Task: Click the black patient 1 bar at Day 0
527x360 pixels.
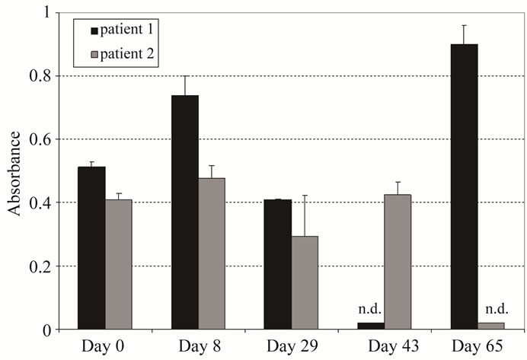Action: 91,248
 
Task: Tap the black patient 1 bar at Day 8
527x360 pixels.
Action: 184,212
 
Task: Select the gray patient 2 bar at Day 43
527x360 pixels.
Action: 398,262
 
